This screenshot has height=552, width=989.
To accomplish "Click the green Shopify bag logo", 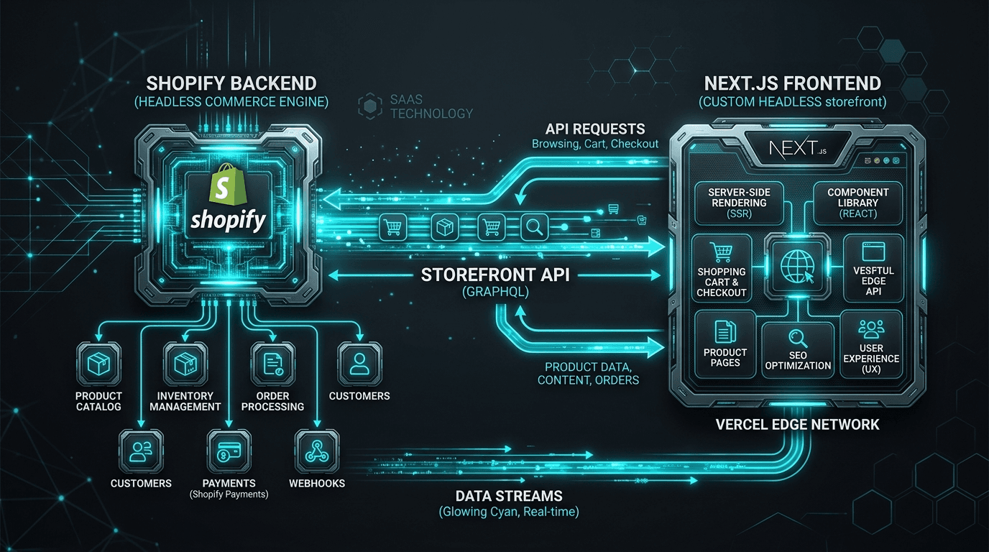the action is [228, 184].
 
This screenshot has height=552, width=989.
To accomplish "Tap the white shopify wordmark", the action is [229, 220].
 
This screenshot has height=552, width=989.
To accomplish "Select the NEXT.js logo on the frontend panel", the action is [797, 148].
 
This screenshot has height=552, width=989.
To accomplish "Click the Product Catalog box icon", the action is [98, 364].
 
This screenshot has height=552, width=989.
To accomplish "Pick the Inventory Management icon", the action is [185, 364].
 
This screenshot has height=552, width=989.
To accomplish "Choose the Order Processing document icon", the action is [273, 364].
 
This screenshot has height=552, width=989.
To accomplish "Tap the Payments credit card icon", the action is [229, 452].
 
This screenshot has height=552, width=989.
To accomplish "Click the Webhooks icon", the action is [317, 452].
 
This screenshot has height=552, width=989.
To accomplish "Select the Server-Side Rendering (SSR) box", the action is [739, 203].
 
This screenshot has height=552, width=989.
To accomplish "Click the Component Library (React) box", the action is [858, 203].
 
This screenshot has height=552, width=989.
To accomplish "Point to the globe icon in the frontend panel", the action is [797, 266].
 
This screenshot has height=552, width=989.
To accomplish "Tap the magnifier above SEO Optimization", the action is [798, 339].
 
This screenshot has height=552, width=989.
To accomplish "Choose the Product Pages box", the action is [725, 344].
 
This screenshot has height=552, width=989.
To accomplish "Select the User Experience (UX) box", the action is [871, 344].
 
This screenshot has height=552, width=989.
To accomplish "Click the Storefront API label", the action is [495, 275].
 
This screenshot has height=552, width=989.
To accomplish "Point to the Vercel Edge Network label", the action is [797, 425].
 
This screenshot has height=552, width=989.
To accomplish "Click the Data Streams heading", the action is [509, 497].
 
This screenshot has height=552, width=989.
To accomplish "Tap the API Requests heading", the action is [595, 129].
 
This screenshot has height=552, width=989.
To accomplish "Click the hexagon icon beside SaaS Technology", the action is [370, 106].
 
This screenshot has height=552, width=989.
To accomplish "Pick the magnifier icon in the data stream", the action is [534, 227].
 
